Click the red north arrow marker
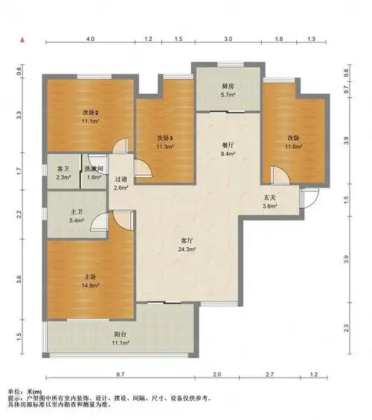click(x=22, y=40)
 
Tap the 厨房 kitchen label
click(x=228, y=86)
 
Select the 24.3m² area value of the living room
click(x=187, y=249)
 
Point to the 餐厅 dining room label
click(x=228, y=145)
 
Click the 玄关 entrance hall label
click(x=270, y=197)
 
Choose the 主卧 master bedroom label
click(x=89, y=277)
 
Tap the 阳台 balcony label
click(x=121, y=334)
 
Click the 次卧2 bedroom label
click(x=91, y=112)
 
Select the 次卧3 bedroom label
click(x=165, y=138)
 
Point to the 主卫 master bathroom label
click(x=77, y=212)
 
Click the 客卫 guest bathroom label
click(x=63, y=169)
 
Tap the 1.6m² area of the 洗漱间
click(x=94, y=177)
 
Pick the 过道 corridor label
click(x=121, y=179)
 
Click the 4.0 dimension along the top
click(x=90, y=39)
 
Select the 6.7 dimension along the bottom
click(x=121, y=374)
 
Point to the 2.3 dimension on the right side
click(x=346, y=328)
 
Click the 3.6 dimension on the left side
click(x=19, y=279)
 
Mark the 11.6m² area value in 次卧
click(x=294, y=147)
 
